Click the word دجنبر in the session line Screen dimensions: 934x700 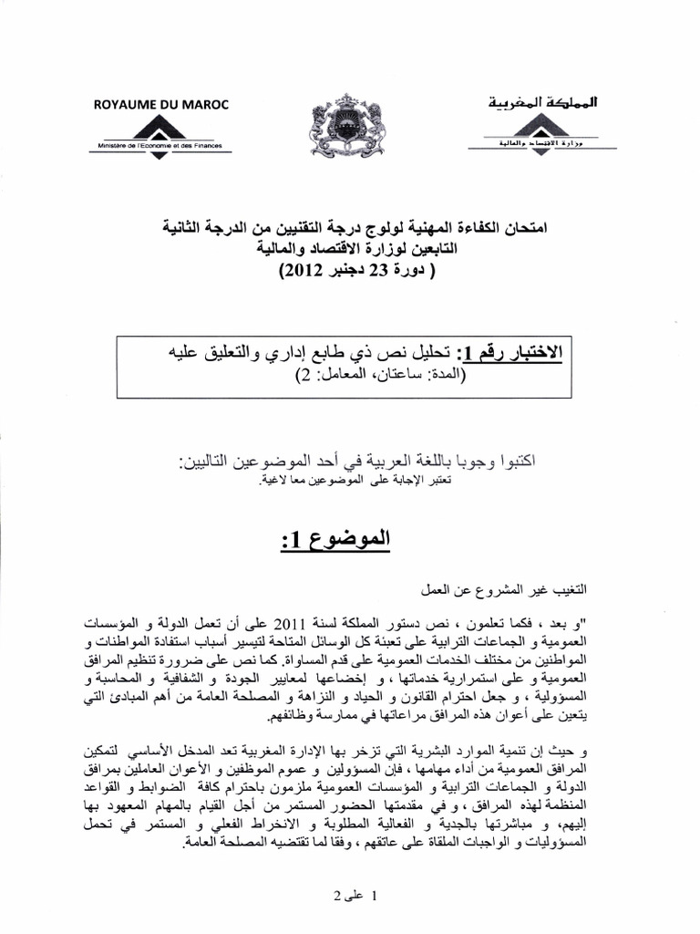pyautogui.click(x=343, y=271)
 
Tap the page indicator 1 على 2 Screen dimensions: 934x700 pyautogui.click(x=351, y=895)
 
